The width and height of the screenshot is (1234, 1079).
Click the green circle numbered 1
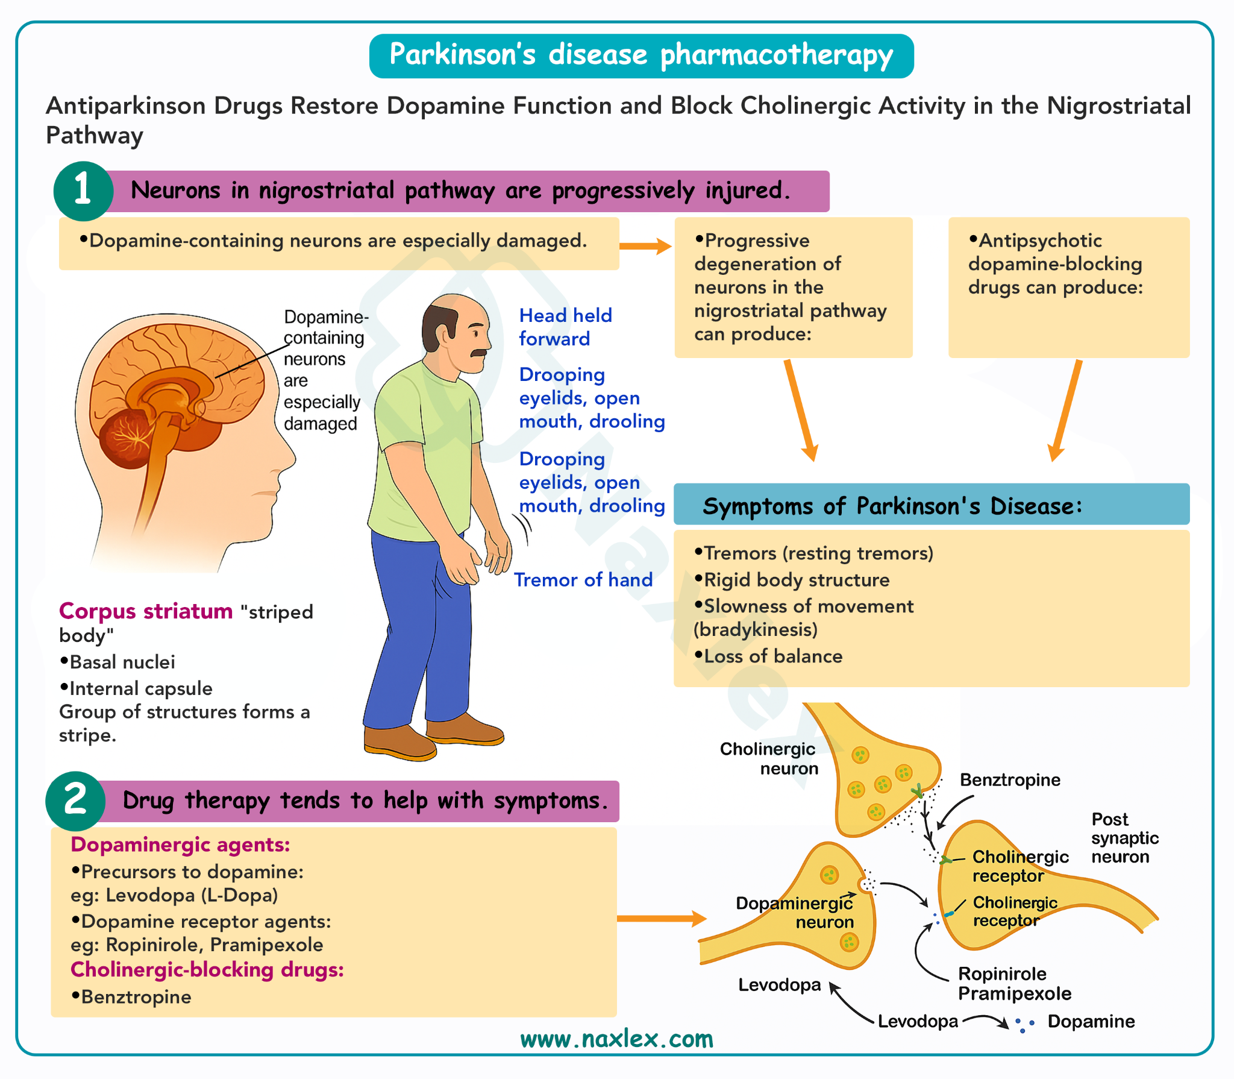(83, 190)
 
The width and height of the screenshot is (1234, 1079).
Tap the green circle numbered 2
(75, 801)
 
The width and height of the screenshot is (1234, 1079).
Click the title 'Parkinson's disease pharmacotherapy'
(641, 55)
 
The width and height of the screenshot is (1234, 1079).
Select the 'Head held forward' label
(565, 327)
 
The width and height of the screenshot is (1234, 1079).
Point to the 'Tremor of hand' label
(583, 580)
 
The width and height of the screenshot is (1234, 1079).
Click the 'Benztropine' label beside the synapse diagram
(1010, 780)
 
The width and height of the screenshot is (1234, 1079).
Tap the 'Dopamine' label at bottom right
(1091, 1022)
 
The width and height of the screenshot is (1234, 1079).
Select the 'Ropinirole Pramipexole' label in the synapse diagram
(1015, 984)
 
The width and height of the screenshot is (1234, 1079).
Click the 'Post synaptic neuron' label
(1124, 838)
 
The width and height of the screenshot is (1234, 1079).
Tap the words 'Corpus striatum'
(146, 611)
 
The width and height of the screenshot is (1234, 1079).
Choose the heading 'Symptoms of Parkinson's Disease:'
(892, 506)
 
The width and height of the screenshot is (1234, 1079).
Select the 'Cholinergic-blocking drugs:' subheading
(207, 970)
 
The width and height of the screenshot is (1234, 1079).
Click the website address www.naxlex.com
(616, 1039)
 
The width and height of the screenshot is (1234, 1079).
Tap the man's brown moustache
(479, 353)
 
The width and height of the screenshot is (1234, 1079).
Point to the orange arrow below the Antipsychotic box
(1065, 410)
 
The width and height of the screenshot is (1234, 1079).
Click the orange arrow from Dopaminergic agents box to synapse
(661, 919)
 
